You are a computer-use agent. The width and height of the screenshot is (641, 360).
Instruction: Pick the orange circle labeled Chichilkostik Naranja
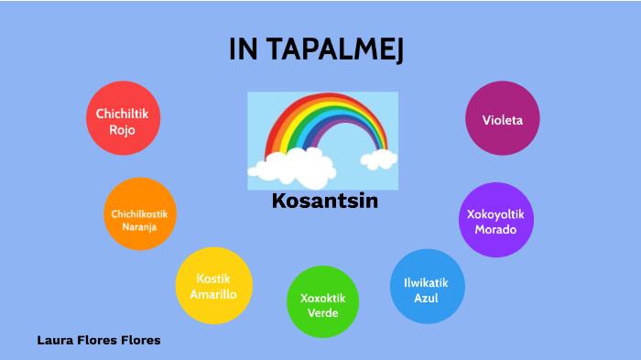tap(139, 213)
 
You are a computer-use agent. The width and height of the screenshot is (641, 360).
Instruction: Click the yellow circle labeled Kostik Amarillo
tap(212, 285)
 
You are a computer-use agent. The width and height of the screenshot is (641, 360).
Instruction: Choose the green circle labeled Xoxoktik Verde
tap(323, 301)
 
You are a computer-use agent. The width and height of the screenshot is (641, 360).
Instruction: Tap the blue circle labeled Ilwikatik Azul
tap(427, 286)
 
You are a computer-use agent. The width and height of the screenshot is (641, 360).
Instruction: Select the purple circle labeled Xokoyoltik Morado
tap(494, 220)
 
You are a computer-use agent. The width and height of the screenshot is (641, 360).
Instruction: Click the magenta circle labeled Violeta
tap(501, 119)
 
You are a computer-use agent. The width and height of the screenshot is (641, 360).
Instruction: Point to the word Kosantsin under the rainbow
tap(325, 202)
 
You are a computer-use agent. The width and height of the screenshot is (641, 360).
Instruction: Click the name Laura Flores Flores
tap(99, 340)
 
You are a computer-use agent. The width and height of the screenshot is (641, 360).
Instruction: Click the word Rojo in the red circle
tap(122, 130)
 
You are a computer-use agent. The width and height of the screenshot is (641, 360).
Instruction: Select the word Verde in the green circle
tap(323, 313)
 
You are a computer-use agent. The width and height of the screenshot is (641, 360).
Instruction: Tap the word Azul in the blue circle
tap(427, 298)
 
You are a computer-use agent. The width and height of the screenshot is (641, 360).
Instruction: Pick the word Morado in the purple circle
tap(494, 229)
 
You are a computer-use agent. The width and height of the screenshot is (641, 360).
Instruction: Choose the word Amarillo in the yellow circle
tap(213, 294)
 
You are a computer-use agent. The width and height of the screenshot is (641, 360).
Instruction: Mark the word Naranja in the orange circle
tap(139, 225)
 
